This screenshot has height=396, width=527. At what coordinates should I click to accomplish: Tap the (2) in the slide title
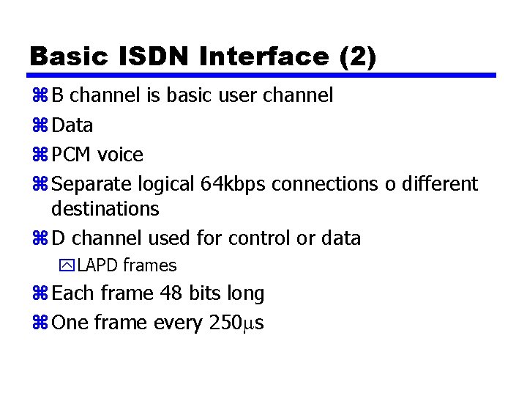pos(359,56)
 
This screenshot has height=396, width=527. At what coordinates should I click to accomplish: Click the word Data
pos(72,125)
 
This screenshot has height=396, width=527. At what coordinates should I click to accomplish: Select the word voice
pos(120,155)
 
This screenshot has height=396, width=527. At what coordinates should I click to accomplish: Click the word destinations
pos(105,209)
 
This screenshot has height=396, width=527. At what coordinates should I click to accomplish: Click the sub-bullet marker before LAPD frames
pos(70,265)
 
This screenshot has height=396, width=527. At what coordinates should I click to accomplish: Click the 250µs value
pos(236,323)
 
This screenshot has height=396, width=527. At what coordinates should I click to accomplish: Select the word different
pos(438,184)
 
